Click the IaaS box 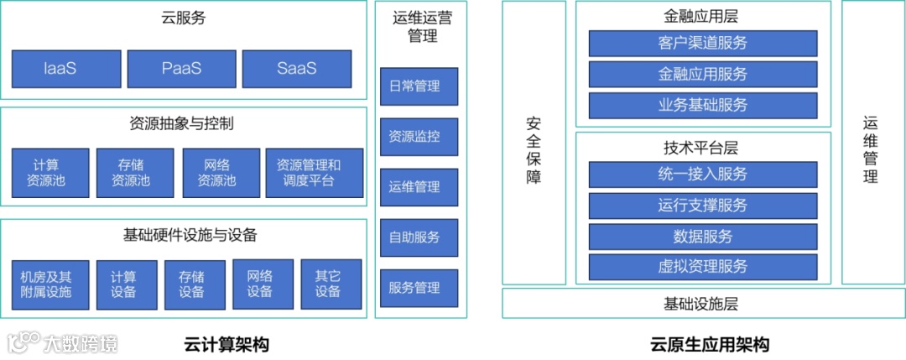coord(60,69)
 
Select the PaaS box coord(182,69)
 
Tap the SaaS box coord(297,69)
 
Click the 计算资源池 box coord(50,173)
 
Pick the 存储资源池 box coord(135,173)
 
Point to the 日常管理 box coord(419,86)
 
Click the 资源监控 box coord(419,136)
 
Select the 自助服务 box coord(419,237)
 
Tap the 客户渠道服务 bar coord(702,43)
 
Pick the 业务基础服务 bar coord(702,105)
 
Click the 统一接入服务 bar coord(702,175)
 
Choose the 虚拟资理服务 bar coord(702,267)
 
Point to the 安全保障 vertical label coord(534,149)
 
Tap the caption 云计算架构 coord(227,344)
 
